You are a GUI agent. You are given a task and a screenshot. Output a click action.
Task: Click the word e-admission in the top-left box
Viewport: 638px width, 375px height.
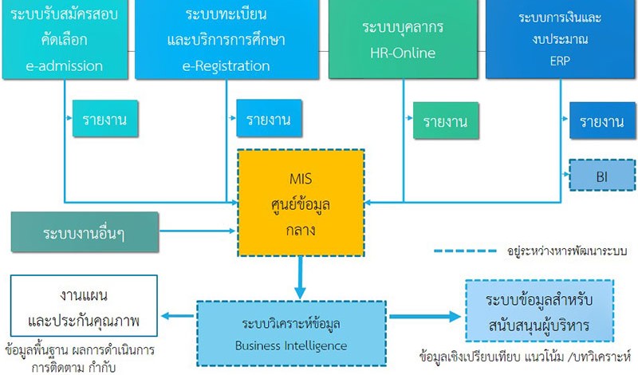point(65,66)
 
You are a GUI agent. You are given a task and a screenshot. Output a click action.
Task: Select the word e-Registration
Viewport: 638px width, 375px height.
point(226,66)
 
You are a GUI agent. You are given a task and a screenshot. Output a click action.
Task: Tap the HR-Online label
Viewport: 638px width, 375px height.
point(403,53)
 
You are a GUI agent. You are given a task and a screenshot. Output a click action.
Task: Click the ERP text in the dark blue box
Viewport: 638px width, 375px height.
point(560,61)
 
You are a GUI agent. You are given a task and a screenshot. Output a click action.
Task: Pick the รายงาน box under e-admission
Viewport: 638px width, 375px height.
point(105,119)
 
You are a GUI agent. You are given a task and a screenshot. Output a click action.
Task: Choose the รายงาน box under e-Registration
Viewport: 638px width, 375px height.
point(269,119)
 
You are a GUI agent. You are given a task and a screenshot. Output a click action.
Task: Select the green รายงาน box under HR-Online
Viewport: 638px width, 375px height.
point(446,120)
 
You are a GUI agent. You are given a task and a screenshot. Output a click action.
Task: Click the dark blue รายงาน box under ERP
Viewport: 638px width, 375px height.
point(602,120)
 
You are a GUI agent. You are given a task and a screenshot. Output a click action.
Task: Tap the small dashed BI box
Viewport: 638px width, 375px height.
point(602,175)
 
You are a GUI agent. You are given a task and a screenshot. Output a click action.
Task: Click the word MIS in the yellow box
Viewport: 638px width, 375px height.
point(301,179)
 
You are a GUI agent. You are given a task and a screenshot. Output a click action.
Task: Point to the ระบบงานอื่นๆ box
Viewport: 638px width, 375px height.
point(85,231)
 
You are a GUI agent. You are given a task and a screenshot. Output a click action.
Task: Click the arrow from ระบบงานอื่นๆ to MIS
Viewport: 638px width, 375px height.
point(198,231)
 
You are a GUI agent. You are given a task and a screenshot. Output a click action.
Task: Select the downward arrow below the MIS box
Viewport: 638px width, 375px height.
point(301,278)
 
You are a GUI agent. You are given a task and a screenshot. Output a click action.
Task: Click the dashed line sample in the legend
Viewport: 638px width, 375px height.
point(465,251)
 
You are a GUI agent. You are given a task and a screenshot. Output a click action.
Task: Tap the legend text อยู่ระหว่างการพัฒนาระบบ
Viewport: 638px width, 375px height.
point(567,251)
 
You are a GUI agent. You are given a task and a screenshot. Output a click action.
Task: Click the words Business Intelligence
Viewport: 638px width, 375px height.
point(291,345)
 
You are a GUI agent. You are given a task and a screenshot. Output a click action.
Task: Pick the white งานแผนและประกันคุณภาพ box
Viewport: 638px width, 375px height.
point(84,306)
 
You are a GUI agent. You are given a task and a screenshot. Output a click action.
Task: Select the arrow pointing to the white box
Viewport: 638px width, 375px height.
point(177,316)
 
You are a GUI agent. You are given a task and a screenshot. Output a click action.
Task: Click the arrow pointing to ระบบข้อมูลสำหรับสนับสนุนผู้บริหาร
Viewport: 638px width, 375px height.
point(425,317)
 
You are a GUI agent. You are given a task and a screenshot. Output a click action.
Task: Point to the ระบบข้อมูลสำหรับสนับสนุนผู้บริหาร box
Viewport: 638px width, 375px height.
point(540,310)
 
